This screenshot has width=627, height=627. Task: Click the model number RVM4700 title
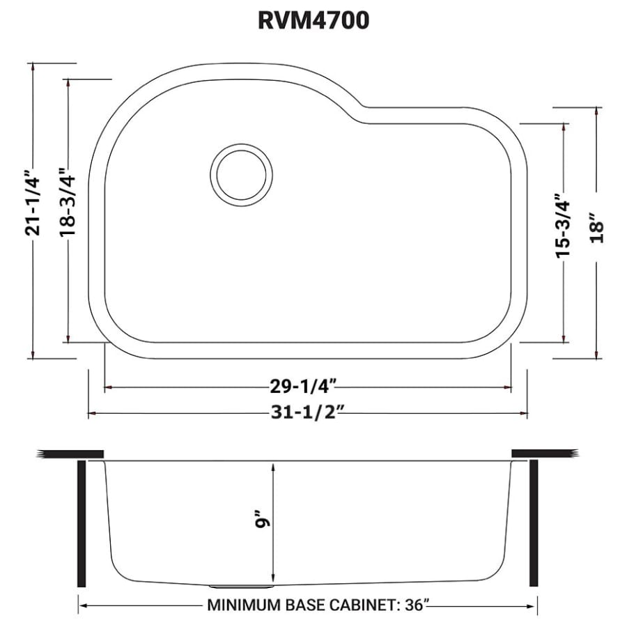[313, 21]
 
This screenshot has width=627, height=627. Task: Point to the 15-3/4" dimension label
[562, 226]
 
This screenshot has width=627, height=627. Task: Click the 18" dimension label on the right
[597, 226]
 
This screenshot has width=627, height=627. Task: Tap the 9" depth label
[261, 521]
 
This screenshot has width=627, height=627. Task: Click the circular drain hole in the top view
[241, 174]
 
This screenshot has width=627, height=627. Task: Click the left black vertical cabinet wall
[81, 522]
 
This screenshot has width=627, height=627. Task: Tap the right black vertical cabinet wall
[534, 522]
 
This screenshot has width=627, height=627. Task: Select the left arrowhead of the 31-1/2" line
[91, 415]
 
